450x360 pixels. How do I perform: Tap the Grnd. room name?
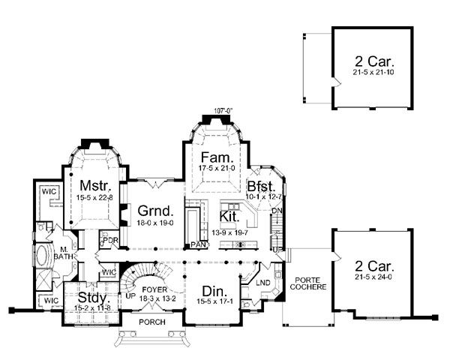coord(149,210)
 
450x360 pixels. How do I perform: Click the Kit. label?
coord(229,216)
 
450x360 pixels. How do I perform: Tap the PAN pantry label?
coord(199,244)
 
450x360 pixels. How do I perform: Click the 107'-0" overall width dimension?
coord(223,111)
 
